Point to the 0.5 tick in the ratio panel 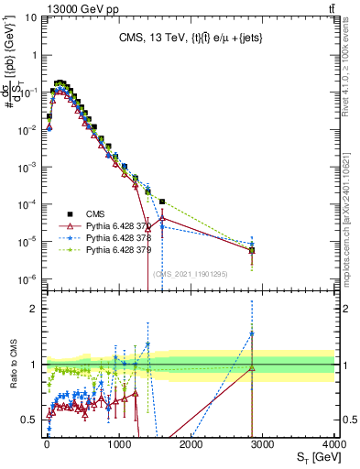point(30,420)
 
